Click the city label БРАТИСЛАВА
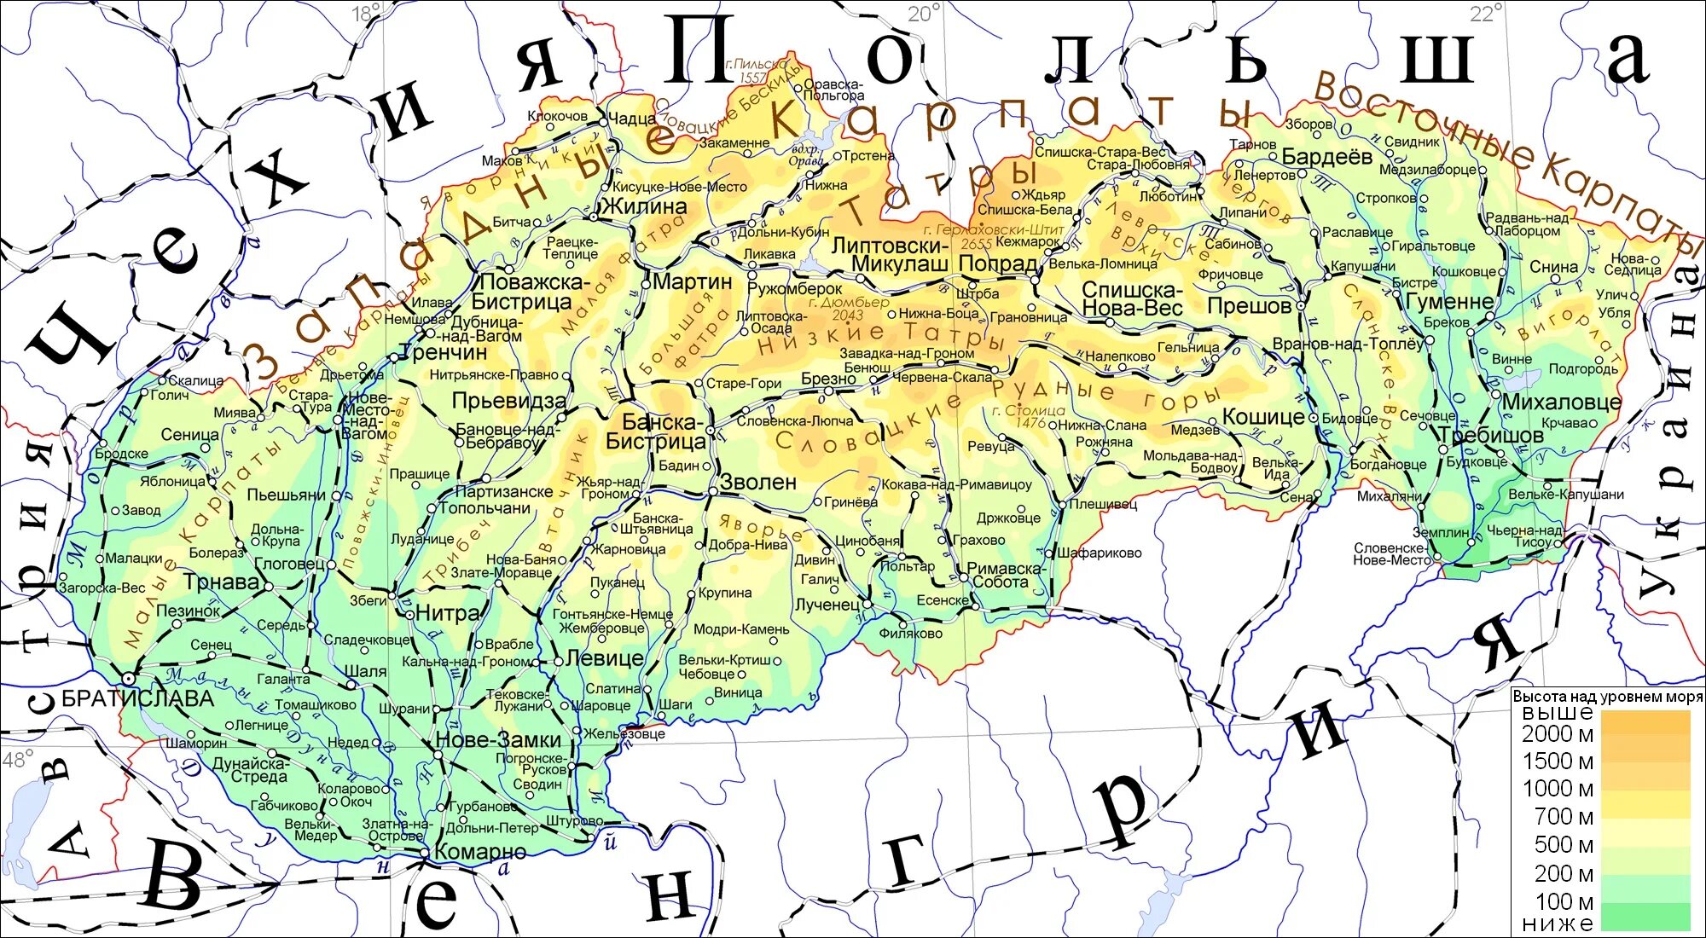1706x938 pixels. pyautogui.click(x=137, y=699)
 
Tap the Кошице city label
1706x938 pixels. pyautogui.click(x=1263, y=417)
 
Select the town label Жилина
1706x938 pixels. pyautogui.click(x=645, y=206)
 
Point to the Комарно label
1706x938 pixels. pyautogui.click(x=480, y=851)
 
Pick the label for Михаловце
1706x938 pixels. pyautogui.click(x=1561, y=402)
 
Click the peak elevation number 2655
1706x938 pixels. pyautogui.click(x=976, y=244)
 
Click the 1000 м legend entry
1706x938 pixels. pyautogui.click(x=1558, y=788)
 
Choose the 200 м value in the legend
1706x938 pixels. pyautogui.click(x=1564, y=873)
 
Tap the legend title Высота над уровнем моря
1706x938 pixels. pyautogui.click(x=1607, y=697)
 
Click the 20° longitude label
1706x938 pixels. pyautogui.click(x=924, y=13)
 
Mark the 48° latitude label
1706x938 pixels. pyautogui.click(x=17, y=758)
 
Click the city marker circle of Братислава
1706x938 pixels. pyautogui.click(x=128, y=679)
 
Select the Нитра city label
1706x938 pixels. pyautogui.click(x=448, y=612)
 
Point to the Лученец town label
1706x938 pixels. pyautogui.click(x=827, y=605)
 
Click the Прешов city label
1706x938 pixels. pyautogui.click(x=1249, y=306)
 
